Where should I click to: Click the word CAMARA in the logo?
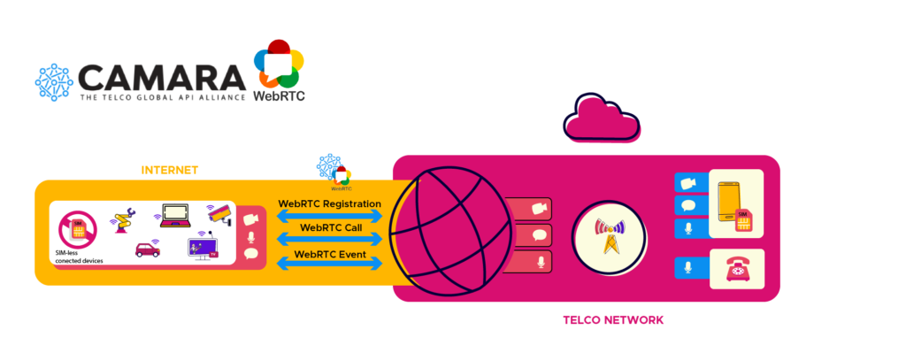(160, 77)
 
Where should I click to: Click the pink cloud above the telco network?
(603, 120)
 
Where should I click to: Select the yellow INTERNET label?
(170, 170)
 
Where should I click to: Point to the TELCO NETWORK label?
(613, 319)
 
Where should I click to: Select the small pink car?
(148, 249)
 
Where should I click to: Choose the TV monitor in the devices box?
(203, 247)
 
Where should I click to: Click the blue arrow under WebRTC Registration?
(330, 215)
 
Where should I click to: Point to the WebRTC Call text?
(330, 227)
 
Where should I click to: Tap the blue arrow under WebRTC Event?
(330, 264)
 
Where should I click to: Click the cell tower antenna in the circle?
(609, 235)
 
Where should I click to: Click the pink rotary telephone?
(736, 270)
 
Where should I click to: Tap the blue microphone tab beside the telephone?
(689, 268)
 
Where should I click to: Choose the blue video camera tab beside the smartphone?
(689, 183)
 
